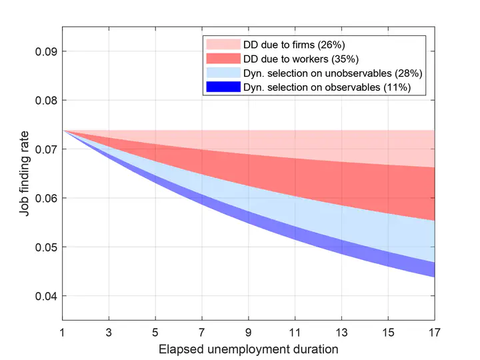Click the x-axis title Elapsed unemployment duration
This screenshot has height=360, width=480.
[x=248, y=349]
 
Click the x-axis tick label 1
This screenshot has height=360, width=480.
[x=63, y=332]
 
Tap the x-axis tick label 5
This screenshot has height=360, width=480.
[x=155, y=332]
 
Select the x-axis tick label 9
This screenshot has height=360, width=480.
[x=249, y=332]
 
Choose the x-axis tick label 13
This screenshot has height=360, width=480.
[x=342, y=332]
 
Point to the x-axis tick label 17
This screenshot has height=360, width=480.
[x=435, y=332]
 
